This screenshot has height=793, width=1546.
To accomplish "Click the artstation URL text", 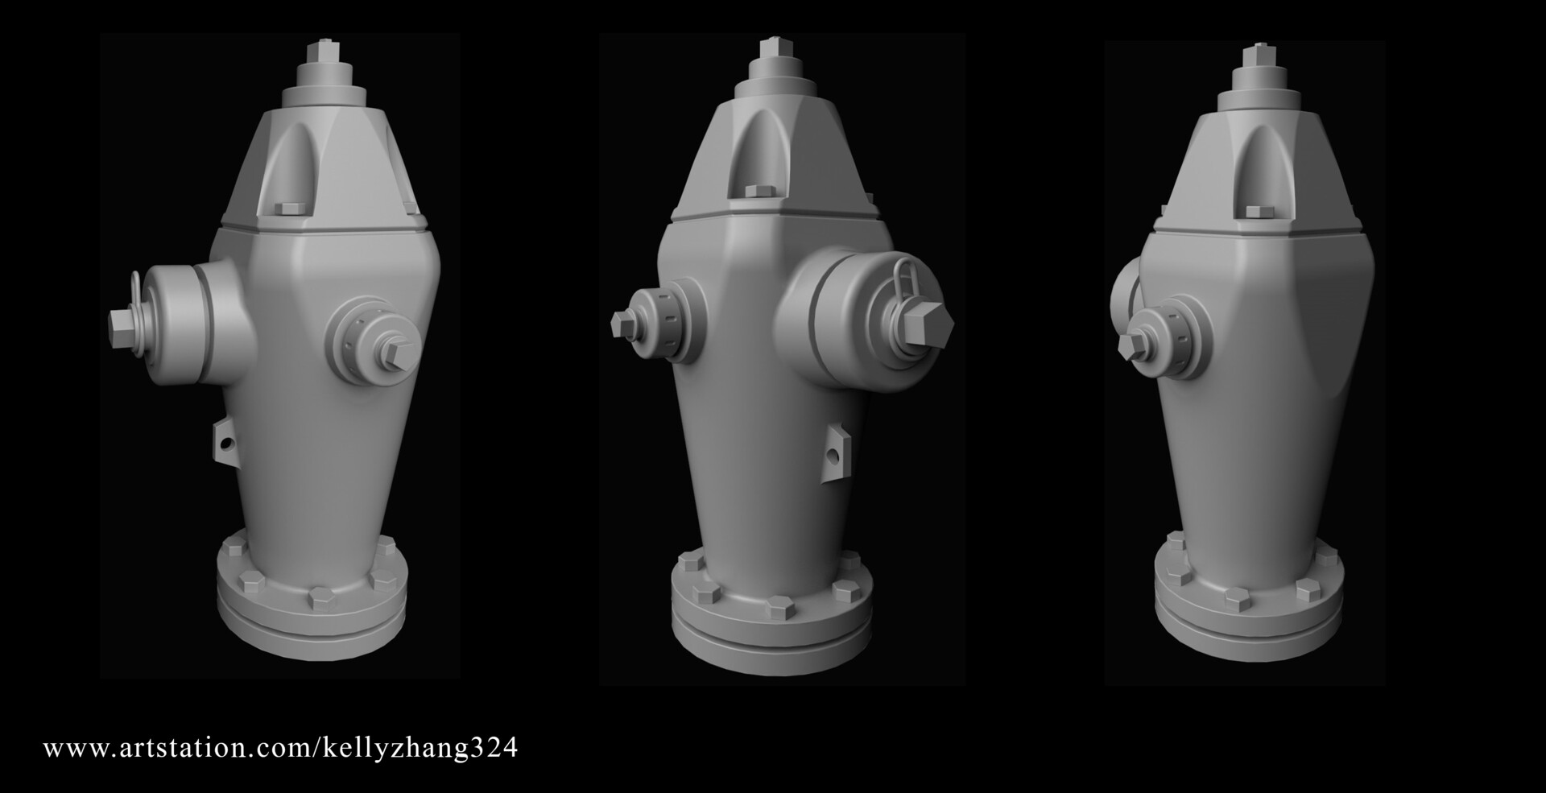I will (280, 748).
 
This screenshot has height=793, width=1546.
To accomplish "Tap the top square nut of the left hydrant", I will (327, 50).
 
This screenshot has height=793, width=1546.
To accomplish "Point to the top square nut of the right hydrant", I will (1254, 55).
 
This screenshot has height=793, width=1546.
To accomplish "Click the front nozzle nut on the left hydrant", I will (399, 353).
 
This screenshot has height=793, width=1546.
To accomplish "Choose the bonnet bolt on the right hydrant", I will (1255, 211).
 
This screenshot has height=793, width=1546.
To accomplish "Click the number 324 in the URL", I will (495, 748).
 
